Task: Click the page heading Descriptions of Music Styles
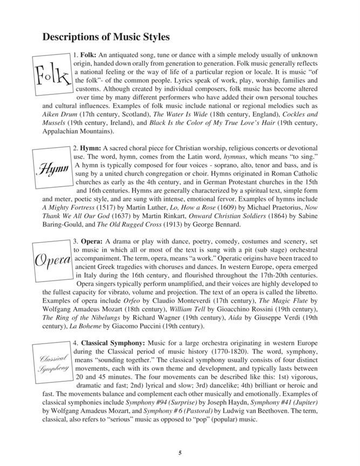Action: [x=106, y=37]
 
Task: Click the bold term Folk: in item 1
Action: [x=86, y=56]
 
